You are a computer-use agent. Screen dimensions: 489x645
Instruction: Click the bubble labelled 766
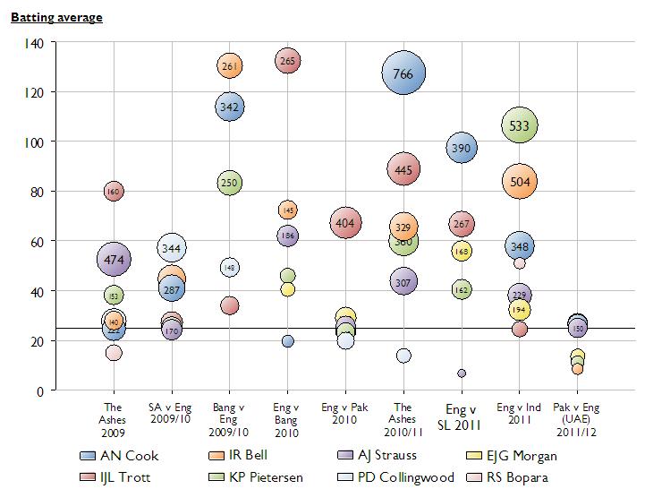(x=403, y=74)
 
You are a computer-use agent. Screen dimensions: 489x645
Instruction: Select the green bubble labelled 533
(x=520, y=126)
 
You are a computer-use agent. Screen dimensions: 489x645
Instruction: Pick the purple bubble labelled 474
(x=114, y=260)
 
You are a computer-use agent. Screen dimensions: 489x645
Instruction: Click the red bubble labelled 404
(x=345, y=222)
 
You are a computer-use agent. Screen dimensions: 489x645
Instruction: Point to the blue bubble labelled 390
(x=462, y=148)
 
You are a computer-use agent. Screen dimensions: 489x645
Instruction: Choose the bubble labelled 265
(x=287, y=62)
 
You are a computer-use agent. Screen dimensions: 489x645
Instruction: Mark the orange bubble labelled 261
(x=230, y=65)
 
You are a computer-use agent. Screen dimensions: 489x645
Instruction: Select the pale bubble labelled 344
(x=172, y=247)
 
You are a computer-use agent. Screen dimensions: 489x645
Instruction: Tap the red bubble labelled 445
(x=403, y=168)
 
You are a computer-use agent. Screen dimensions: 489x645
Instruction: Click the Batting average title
(x=56, y=18)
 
